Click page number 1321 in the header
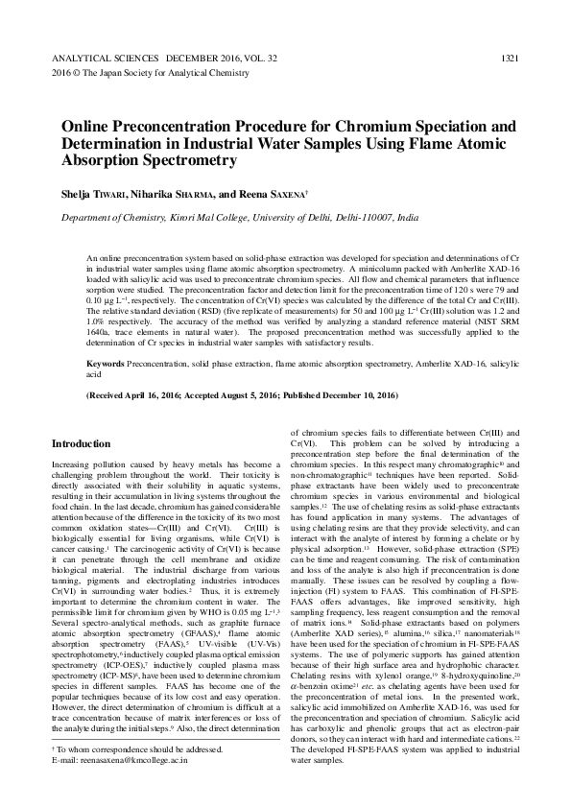[510, 59]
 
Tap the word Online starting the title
[86, 126]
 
